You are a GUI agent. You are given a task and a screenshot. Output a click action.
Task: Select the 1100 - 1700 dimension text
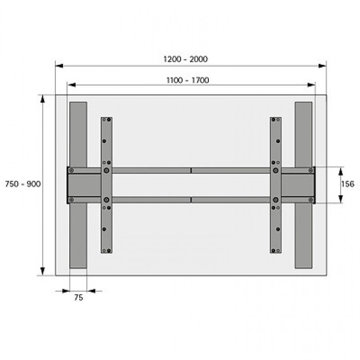pos(188,80)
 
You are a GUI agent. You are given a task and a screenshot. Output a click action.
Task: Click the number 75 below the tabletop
pos(78,297)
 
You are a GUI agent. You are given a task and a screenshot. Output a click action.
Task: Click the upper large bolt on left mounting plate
pos(106,171)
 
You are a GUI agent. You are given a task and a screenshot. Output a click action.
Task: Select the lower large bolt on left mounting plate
pos(106,200)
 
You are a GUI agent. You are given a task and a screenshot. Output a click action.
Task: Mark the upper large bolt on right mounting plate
pos(275,171)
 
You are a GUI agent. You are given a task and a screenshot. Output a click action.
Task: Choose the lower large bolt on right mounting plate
pos(275,200)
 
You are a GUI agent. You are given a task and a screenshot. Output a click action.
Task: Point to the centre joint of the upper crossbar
pos(191,171)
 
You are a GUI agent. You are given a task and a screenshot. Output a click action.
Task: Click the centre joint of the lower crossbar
pos(191,199)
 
